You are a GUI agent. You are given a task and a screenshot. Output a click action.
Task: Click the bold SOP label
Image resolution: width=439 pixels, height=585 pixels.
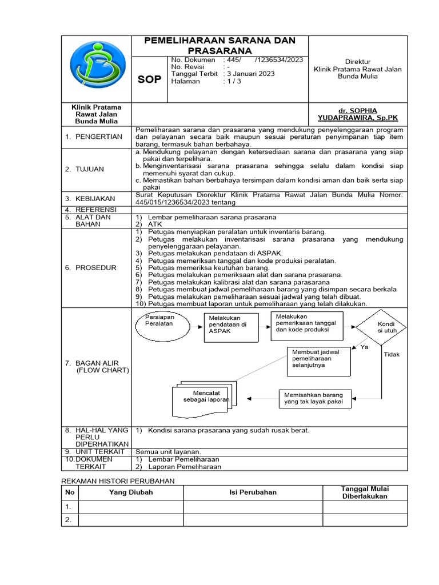click(149, 80)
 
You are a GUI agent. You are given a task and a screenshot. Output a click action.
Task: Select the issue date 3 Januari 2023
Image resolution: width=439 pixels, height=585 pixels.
click(250, 74)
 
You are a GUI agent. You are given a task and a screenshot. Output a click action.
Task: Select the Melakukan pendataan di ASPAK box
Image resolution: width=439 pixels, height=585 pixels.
click(228, 327)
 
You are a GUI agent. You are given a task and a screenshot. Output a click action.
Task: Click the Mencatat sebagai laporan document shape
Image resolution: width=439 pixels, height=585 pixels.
click(203, 398)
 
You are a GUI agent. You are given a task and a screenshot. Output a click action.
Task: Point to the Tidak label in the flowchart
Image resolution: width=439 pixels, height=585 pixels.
click(392, 355)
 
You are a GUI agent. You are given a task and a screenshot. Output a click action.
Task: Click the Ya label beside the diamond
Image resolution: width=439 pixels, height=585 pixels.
click(364, 347)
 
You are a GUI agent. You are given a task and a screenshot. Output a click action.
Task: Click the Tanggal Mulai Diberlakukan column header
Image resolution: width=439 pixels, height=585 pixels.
click(365, 492)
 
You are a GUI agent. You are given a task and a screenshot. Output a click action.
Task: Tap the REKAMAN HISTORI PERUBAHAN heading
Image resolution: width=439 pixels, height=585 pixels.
click(118, 481)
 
